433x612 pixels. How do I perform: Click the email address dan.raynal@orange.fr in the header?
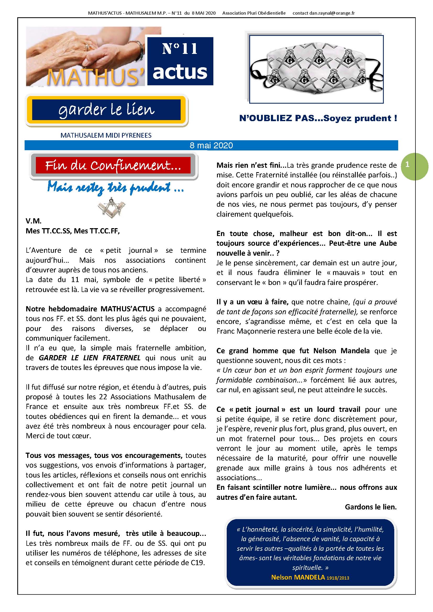332,13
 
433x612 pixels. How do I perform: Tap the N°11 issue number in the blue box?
180,49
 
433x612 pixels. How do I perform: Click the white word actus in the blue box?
180,72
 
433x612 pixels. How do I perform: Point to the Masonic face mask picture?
316,69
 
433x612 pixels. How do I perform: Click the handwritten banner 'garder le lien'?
106,110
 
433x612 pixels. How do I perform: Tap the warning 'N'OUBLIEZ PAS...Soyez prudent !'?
318,118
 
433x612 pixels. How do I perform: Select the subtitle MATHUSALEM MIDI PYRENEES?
106,135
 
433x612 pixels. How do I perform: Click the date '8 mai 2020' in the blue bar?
211,145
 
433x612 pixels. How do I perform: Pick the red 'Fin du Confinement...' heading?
113,166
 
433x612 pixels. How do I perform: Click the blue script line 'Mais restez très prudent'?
115,188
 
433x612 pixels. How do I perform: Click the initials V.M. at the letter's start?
33,221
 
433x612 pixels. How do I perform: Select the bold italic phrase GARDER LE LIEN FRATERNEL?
90,358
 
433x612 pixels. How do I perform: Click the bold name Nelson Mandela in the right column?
341,351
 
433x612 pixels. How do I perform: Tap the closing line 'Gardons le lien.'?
371,507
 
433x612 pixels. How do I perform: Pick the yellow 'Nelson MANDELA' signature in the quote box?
298,578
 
